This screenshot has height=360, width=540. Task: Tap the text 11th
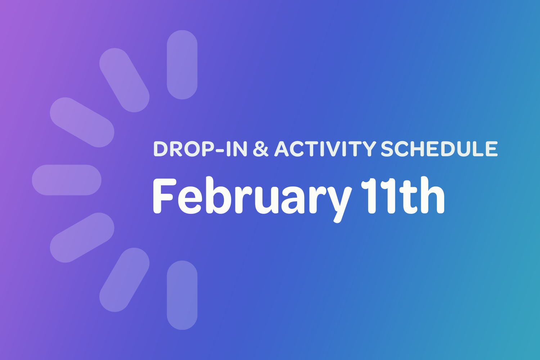402,196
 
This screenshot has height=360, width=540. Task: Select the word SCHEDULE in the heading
439,149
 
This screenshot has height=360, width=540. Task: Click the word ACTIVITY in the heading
325,149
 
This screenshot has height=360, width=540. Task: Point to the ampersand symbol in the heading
261,149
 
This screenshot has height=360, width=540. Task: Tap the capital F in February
164,196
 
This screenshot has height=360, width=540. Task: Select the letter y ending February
338,202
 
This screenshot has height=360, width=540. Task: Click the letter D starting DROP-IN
161,149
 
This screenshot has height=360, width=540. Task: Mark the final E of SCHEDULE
490,149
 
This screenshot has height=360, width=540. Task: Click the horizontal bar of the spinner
67,180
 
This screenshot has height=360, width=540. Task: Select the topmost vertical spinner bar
182,65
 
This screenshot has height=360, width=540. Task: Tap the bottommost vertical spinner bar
182,295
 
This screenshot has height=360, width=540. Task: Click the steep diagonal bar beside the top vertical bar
124,80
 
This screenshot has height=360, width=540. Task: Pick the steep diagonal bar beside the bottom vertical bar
124,280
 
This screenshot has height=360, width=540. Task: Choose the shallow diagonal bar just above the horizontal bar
82,122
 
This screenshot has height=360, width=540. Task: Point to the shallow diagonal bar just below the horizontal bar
82,238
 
